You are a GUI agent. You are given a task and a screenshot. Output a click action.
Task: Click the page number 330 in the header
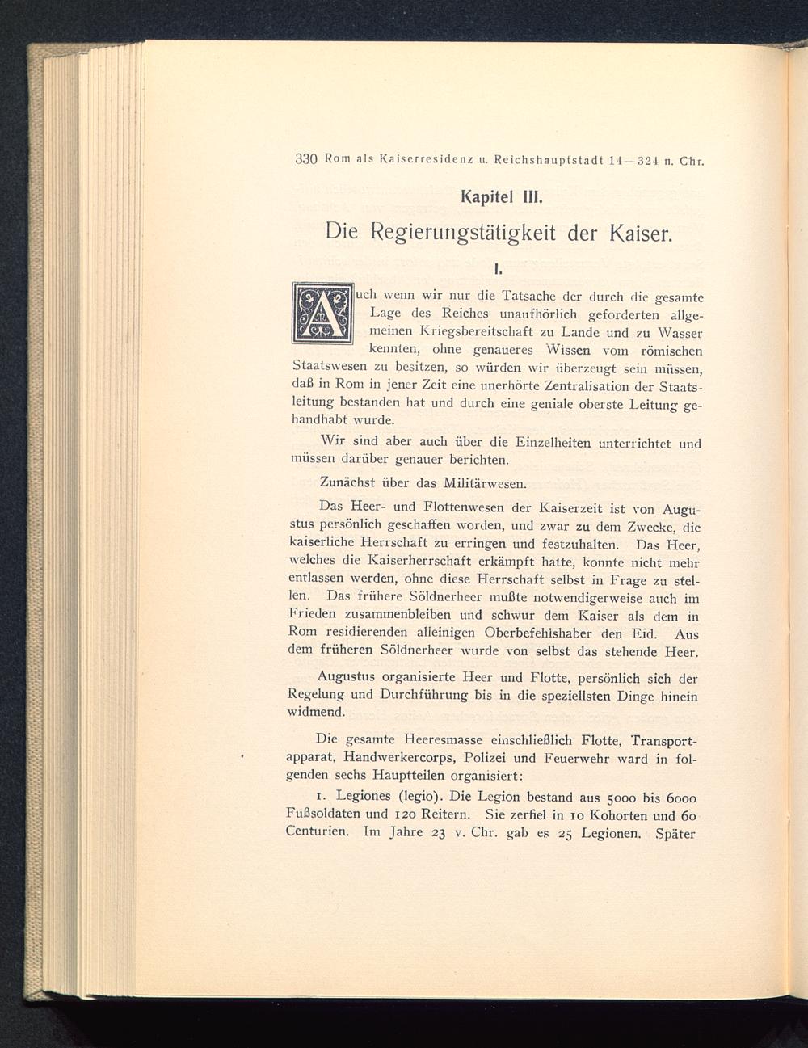click(307, 158)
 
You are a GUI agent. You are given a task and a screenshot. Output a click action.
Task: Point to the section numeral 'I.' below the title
click(497, 265)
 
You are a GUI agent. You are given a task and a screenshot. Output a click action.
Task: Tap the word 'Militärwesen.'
click(483, 483)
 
